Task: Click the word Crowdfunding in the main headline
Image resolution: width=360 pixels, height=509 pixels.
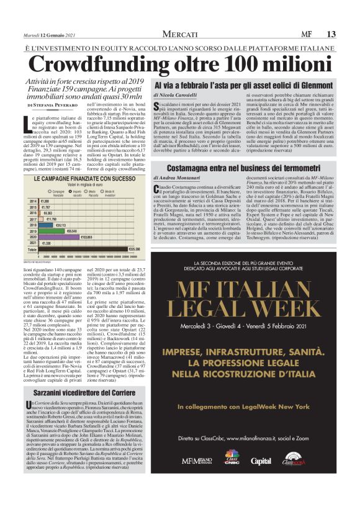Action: [x=93, y=65]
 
